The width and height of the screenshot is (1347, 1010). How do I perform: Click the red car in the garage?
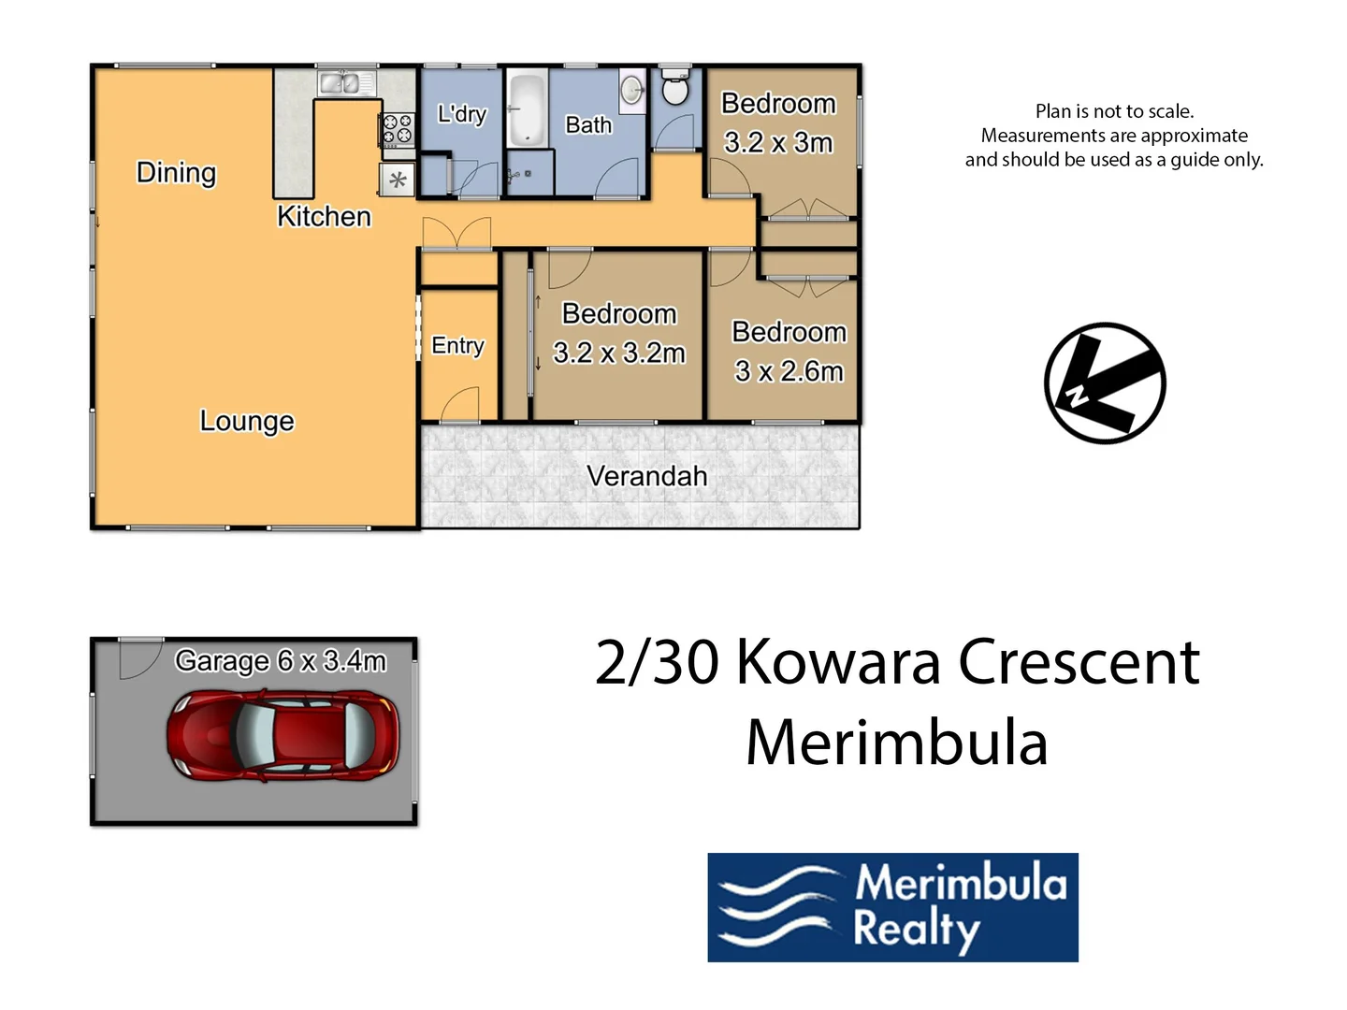(282, 736)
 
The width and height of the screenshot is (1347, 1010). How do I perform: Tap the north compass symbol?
(1105, 383)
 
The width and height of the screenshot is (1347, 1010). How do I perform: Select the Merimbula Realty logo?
(892, 907)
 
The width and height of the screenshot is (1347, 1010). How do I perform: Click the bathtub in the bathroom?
(527, 109)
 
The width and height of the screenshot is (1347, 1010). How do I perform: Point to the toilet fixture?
(674, 88)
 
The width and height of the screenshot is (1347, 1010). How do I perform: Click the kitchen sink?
(339, 84)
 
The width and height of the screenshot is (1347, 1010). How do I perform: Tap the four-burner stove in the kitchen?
(397, 130)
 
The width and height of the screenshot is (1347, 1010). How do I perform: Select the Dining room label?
(176, 173)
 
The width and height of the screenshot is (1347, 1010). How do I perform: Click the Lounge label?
(247, 421)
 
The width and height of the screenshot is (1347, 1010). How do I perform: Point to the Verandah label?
(646, 476)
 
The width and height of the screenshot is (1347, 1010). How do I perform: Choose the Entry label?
(457, 346)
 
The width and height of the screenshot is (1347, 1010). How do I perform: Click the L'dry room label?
(462, 114)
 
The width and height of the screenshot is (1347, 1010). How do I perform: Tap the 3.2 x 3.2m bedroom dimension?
(618, 353)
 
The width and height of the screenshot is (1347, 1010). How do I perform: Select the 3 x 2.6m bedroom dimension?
(789, 371)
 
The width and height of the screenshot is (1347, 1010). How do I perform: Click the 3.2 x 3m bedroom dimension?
(777, 142)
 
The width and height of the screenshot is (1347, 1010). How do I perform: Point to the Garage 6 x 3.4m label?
(281, 661)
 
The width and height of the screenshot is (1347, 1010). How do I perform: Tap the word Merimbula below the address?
(896, 743)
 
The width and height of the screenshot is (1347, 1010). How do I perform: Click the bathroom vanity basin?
(632, 90)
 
